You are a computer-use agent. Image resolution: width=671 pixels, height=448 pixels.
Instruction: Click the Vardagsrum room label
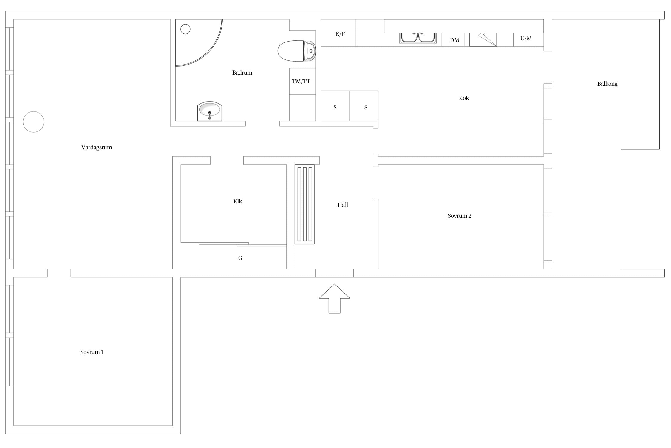point(97,147)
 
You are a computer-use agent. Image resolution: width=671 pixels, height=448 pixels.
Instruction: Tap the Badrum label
point(242,73)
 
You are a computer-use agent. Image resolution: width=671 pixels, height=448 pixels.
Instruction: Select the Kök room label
point(464,98)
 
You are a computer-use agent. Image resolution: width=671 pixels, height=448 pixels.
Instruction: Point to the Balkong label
point(607,84)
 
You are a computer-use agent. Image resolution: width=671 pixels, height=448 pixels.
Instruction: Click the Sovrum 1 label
point(92,352)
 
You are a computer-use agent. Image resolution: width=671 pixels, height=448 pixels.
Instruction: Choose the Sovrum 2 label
point(460,216)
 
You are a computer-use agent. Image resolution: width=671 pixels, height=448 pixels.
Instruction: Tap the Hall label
point(343,205)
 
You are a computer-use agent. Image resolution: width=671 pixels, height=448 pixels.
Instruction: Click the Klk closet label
point(238,201)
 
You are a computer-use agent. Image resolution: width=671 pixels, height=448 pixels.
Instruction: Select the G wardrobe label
point(240,258)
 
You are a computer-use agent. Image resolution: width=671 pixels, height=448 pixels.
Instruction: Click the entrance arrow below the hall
point(334,298)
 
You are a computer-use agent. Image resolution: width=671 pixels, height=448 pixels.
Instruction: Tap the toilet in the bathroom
point(296,51)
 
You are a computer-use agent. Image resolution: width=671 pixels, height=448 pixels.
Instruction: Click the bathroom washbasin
point(210,111)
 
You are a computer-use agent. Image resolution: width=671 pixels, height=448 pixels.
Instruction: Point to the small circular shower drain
point(185,29)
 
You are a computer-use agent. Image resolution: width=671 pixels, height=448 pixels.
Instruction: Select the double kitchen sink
point(418,38)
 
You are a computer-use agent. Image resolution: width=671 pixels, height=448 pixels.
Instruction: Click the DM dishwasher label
point(454,40)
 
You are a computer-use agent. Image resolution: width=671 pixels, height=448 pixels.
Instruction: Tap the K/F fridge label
point(340,34)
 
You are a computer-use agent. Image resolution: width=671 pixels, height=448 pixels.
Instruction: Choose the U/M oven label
point(526,38)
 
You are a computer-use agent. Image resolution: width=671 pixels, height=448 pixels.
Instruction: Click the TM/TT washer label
point(301,81)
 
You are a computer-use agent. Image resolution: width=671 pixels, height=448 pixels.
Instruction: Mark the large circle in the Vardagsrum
point(33,122)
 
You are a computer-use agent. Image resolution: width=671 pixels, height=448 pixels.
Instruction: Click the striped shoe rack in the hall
point(304,204)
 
